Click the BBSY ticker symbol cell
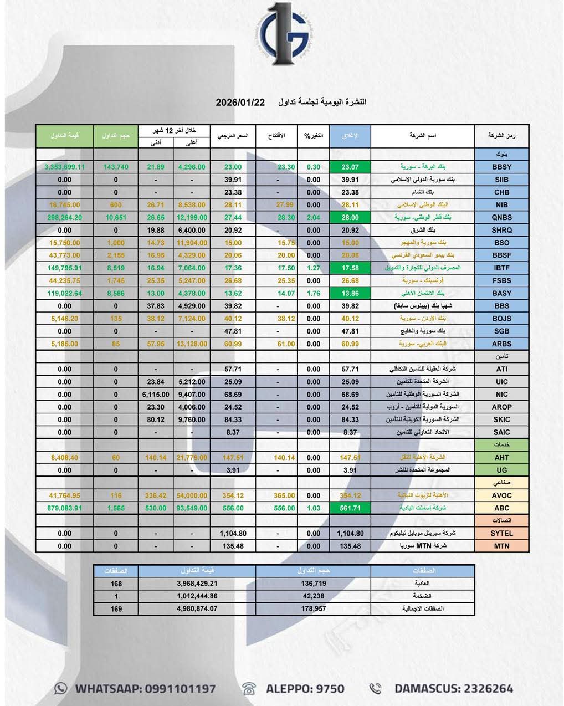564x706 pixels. pyautogui.click(x=501, y=167)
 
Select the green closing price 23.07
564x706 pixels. pyautogui.click(x=350, y=167)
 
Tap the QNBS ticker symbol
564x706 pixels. pyautogui.click(x=501, y=218)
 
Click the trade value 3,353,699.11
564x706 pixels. pyautogui.click(x=64, y=167)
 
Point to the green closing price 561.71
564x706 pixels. pyautogui.click(x=350, y=508)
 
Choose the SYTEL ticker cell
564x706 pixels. pyautogui.click(x=501, y=534)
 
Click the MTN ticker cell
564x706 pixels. pyautogui.click(x=501, y=546)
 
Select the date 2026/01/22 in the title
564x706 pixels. pyautogui.click(x=240, y=103)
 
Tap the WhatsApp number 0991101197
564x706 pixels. pyautogui.click(x=180, y=689)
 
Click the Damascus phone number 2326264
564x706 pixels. pyautogui.click(x=481, y=689)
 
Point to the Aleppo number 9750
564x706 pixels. pyautogui.click(x=324, y=689)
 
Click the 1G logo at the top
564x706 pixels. pyautogui.click(x=288, y=35)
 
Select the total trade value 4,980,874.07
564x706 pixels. pyautogui.click(x=197, y=609)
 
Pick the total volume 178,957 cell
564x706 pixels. pyautogui.click(x=314, y=609)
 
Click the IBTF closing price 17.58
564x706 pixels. pyautogui.click(x=350, y=268)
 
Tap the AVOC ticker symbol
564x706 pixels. pyautogui.click(x=501, y=495)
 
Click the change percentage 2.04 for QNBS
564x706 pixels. pyautogui.click(x=313, y=218)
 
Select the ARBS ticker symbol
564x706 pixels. pyautogui.click(x=501, y=344)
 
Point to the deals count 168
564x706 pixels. pyautogui.click(x=116, y=584)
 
